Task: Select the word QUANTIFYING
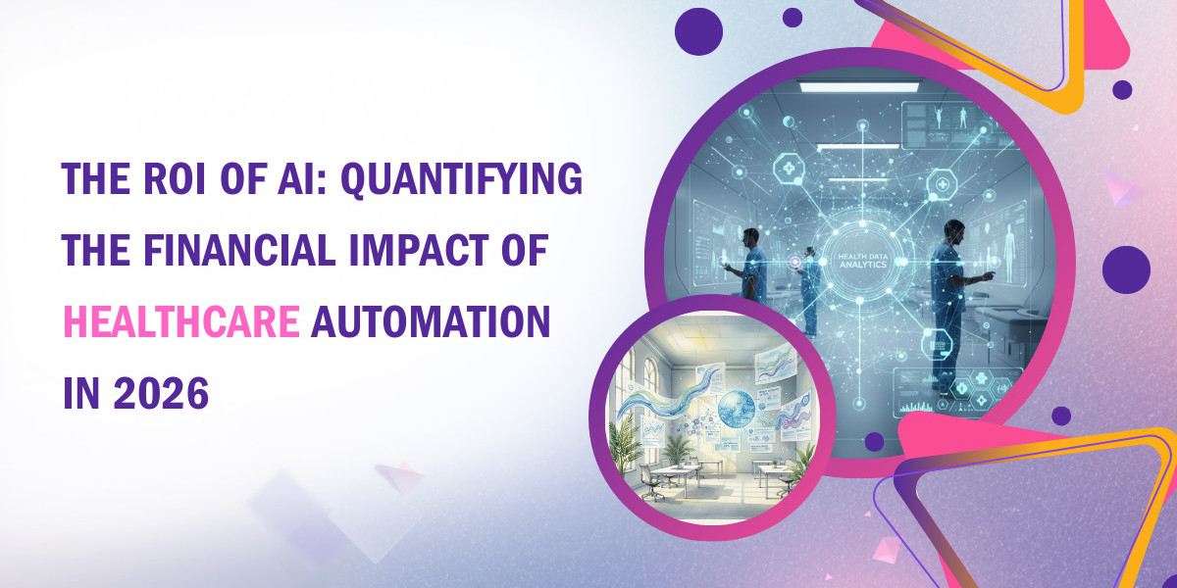(462, 180)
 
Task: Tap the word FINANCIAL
(239, 250)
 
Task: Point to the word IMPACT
(420, 250)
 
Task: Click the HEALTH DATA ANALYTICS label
(862, 261)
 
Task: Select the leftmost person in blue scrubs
(748, 266)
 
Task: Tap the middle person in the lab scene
(810, 291)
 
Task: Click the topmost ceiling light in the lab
(859, 85)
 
